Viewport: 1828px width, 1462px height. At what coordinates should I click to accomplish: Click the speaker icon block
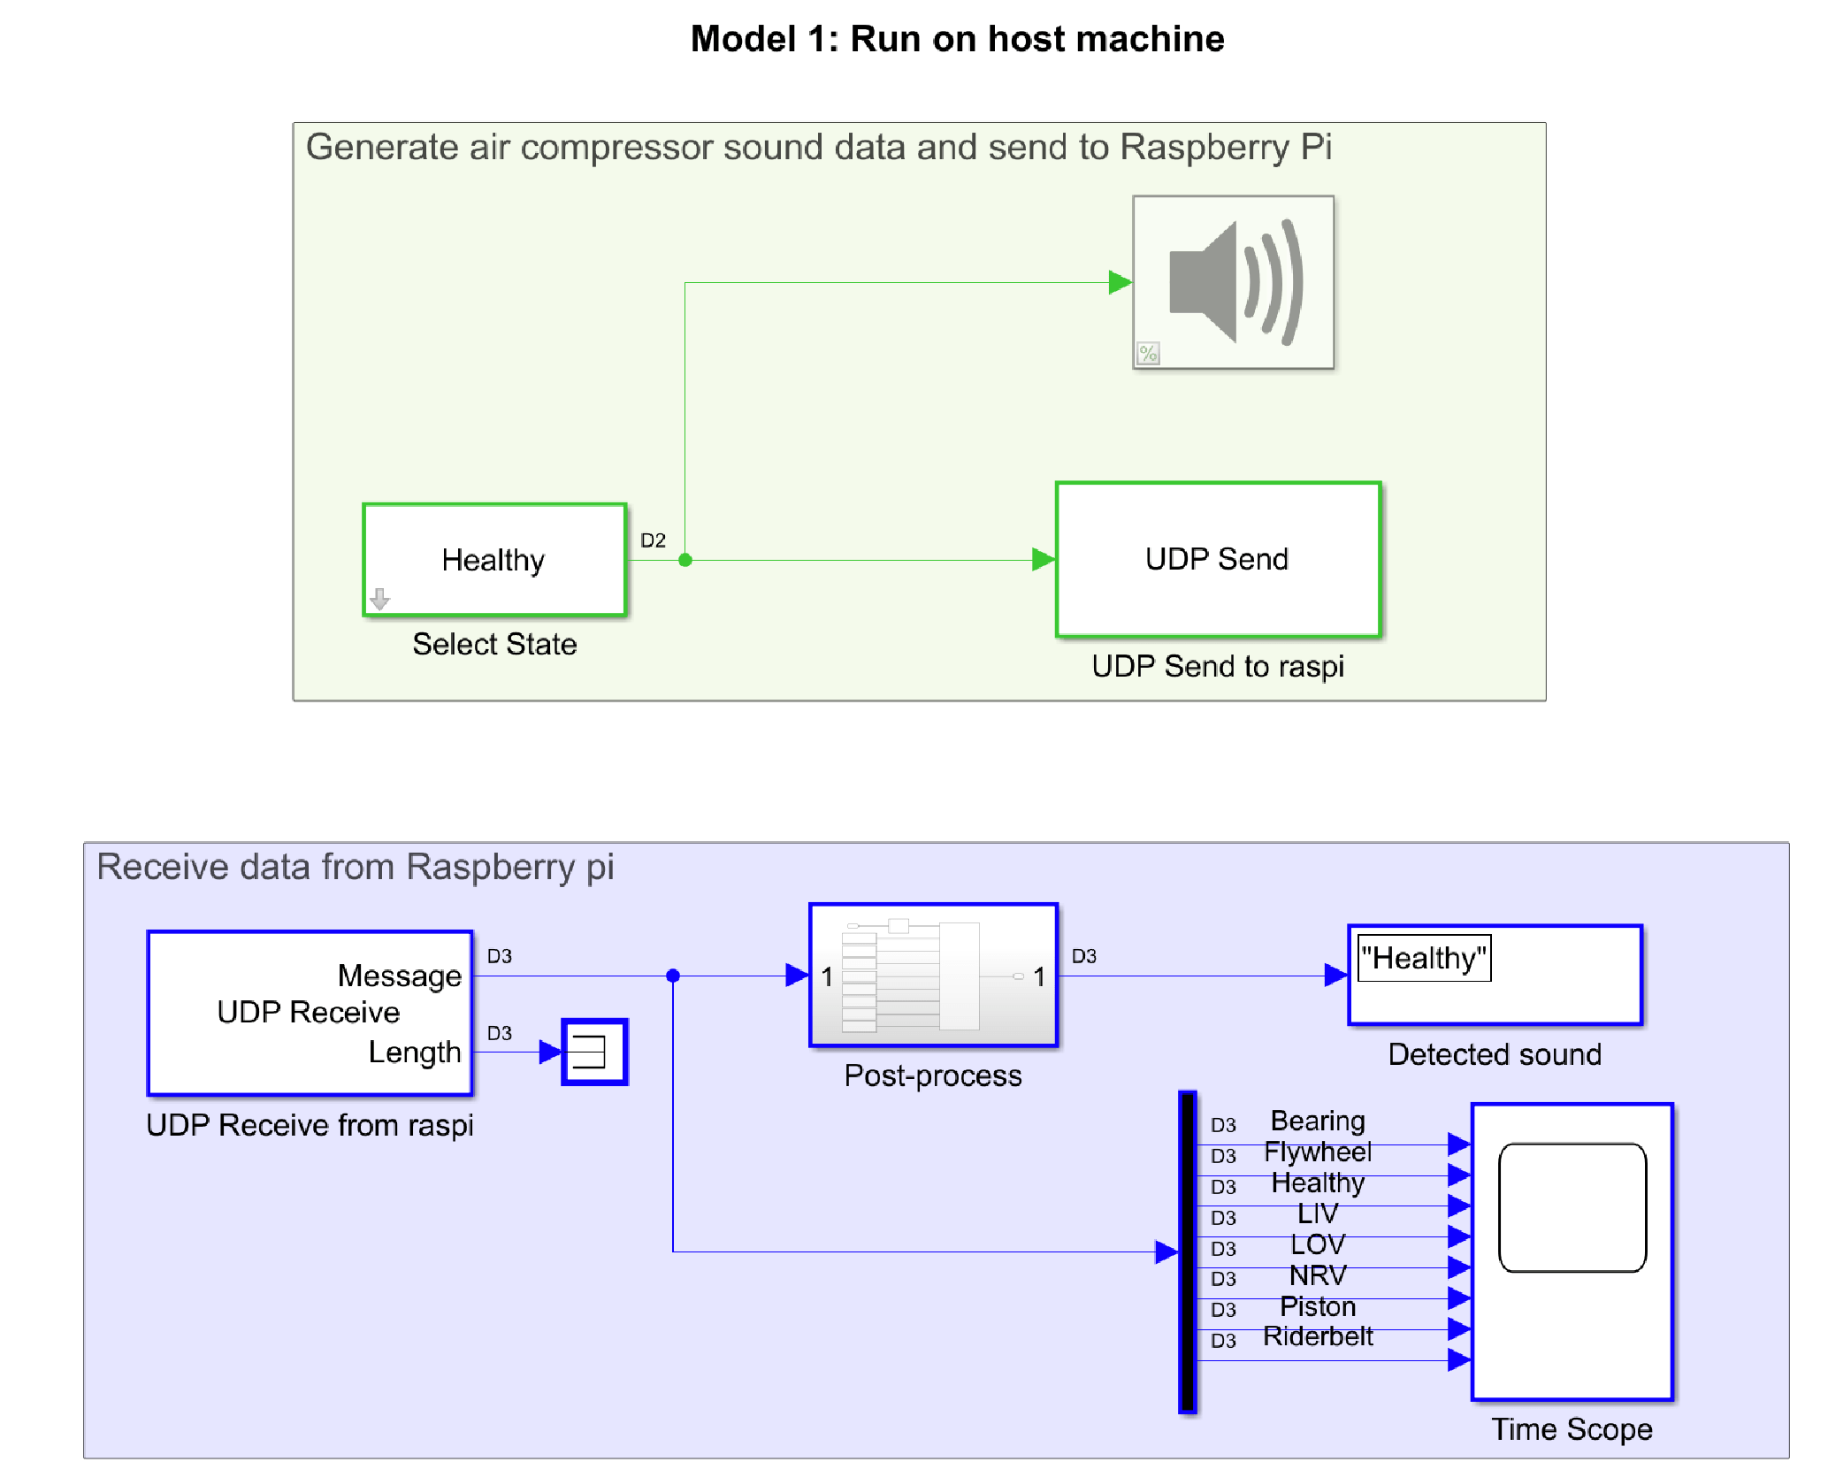[1233, 282]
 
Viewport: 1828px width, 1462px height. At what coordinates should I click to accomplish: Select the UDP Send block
[1218, 559]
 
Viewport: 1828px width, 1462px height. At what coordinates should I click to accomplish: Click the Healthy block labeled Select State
[494, 560]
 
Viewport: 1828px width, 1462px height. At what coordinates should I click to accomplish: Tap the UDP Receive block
[310, 1013]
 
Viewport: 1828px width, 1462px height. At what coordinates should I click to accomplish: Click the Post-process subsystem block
[933, 976]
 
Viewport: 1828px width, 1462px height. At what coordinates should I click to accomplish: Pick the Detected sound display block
[1495, 976]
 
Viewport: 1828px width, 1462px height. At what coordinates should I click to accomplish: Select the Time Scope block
[1572, 1252]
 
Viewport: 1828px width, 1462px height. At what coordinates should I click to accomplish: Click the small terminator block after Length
[594, 1052]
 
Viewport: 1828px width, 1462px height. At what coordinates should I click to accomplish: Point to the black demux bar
[1188, 1252]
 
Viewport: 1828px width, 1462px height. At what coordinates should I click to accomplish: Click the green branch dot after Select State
[685, 560]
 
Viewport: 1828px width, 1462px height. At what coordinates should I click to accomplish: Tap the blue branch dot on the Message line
[673, 976]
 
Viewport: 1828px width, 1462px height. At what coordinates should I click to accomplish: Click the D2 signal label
[653, 540]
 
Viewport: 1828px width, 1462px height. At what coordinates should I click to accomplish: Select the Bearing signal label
[1318, 1121]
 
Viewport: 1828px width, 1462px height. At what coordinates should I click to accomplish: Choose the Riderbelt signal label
[1318, 1336]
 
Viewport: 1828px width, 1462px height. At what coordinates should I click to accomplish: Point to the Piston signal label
[1318, 1306]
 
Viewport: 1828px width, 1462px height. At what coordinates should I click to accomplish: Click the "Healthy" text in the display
[1424, 958]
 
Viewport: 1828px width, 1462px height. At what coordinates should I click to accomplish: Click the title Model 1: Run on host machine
[957, 39]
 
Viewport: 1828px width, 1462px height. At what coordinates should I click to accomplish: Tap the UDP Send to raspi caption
[1218, 666]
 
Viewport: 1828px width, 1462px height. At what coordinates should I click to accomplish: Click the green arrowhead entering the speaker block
[1120, 283]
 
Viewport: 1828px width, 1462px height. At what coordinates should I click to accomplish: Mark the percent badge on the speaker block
[1148, 354]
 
